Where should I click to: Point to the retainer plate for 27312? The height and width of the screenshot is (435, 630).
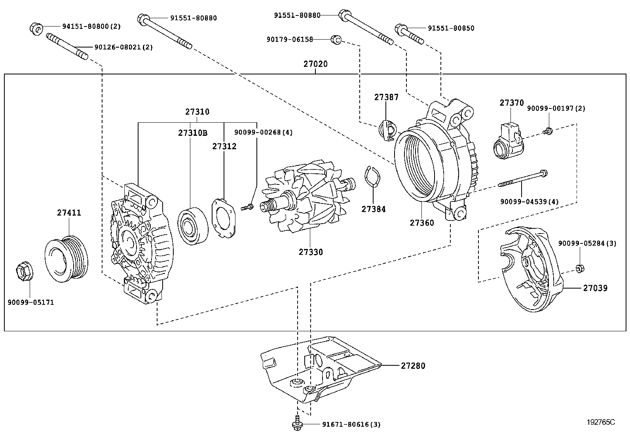224,218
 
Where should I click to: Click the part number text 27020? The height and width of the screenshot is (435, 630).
315,64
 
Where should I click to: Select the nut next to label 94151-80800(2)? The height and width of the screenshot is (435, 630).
36,28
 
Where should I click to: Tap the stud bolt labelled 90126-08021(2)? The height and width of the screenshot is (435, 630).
67,47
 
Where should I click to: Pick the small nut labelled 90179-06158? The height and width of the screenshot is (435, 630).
336,39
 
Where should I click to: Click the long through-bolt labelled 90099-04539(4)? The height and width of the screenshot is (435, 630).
522,179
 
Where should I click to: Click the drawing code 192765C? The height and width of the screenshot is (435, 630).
600,422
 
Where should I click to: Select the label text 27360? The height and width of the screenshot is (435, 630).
421,223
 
